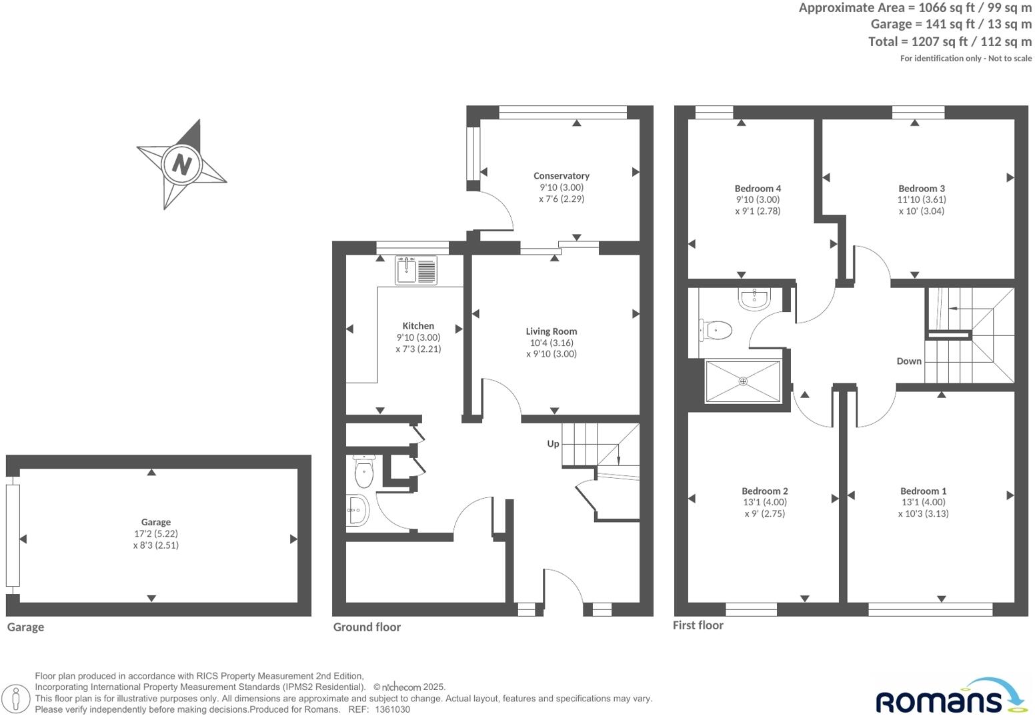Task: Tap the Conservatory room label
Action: point(561,176)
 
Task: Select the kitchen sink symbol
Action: point(415,270)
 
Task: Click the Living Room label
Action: point(551,331)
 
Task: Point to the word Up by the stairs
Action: point(553,443)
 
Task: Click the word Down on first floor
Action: point(908,361)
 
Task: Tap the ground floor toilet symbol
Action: point(363,473)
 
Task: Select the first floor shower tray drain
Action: point(743,381)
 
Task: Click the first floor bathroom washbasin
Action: point(754,299)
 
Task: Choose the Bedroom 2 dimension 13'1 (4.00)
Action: point(764,503)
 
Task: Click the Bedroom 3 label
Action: point(921,189)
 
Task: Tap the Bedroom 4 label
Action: point(758,189)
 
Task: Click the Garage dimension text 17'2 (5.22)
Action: point(155,534)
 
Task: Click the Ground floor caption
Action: point(367,627)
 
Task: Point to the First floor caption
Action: point(698,625)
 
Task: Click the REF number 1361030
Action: point(392,710)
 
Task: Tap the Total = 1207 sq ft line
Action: point(949,41)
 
